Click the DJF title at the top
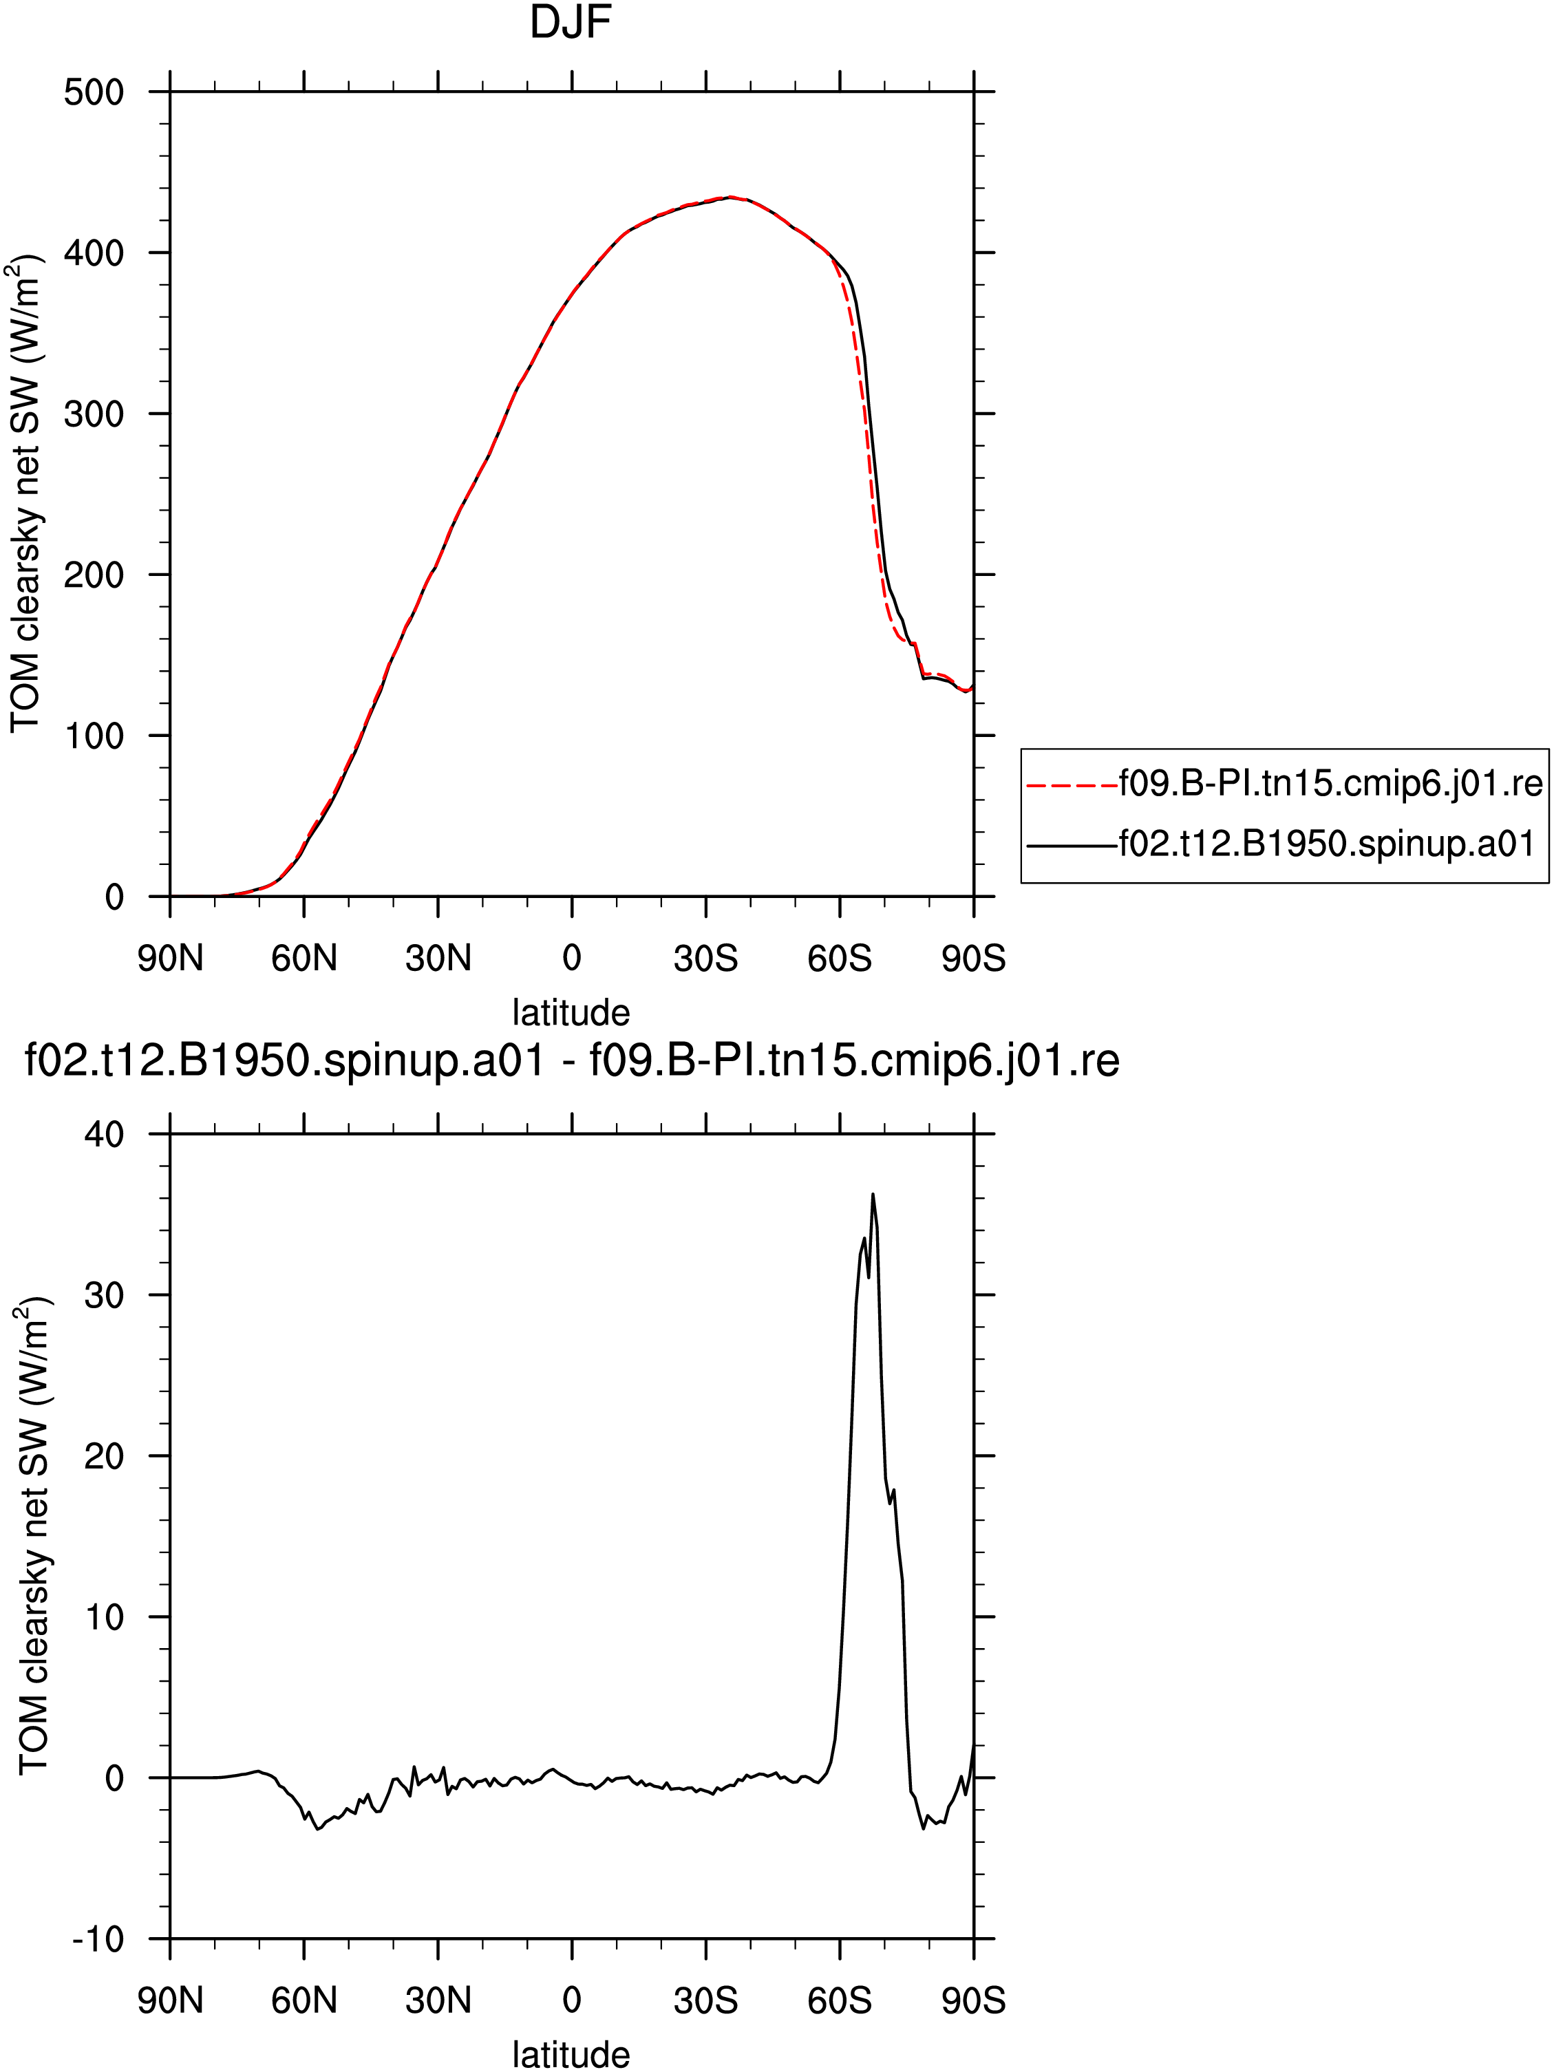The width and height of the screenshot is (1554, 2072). pyautogui.click(x=571, y=23)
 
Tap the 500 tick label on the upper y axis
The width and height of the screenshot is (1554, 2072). pyautogui.click(x=94, y=93)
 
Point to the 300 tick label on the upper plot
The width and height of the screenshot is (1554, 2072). pyautogui.click(x=94, y=414)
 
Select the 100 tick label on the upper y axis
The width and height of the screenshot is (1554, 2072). pyautogui.click(x=94, y=736)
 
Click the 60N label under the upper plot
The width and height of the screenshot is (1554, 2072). pyautogui.click(x=304, y=959)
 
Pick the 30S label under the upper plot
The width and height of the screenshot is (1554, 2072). pyautogui.click(x=705, y=959)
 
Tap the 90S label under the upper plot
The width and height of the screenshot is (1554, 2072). pyautogui.click(x=973, y=959)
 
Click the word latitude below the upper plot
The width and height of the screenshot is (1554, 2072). pyautogui.click(x=571, y=1012)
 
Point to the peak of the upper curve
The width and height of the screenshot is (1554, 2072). pyautogui.click(x=731, y=197)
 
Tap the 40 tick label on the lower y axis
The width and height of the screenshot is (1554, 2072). pyautogui.click(x=104, y=1135)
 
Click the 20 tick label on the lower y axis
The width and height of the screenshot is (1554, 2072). pyautogui.click(x=104, y=1457)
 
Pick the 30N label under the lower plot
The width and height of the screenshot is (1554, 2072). pyautogui.click(x=438, y=2002)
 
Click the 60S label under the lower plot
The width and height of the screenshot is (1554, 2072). pyautogui.click(x=840, y=2002)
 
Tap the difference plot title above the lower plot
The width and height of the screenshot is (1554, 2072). pyautogui.click(x=571, y=1061)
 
